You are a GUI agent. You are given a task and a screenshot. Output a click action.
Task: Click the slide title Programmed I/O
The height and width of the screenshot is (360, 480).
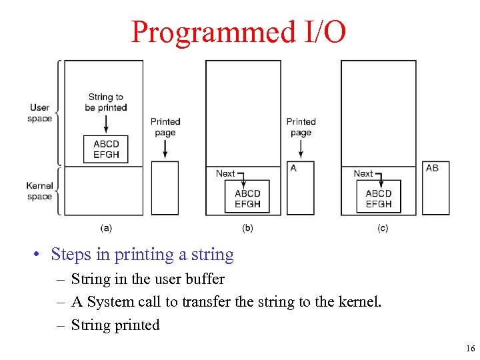tap(239, 31)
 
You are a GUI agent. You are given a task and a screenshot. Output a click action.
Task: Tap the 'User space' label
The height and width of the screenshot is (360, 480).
tap(40, 113)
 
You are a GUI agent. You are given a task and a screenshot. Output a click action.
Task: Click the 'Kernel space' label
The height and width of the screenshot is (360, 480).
tap(40, 191)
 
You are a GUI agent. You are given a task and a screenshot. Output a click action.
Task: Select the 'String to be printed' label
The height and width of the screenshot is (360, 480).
tap(105, 102)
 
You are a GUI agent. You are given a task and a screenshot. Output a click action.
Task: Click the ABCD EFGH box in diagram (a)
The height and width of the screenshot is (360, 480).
tap(106, 149)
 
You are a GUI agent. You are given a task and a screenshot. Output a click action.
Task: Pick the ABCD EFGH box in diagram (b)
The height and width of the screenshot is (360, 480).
tap(247, 199)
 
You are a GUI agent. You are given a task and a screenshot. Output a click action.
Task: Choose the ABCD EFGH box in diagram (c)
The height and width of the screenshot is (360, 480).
tap(379, 199)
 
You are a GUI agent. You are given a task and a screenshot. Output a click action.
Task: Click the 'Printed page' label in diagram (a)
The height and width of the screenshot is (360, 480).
tap(165, 127)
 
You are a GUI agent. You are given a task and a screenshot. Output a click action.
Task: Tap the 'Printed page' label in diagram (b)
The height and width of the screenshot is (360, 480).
tap(301, 127)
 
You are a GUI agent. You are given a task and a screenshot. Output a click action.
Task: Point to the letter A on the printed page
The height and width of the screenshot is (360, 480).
tap(293, 168)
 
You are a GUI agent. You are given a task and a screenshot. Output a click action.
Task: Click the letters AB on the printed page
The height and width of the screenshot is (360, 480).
tap(433, 168)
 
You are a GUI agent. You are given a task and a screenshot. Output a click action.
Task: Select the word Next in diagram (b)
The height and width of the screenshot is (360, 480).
tap(225, 173)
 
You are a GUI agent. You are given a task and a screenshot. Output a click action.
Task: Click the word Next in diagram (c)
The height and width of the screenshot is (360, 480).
tap(363, 173)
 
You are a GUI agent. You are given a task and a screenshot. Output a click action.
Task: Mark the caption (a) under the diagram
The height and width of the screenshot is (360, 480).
tap(106, 228)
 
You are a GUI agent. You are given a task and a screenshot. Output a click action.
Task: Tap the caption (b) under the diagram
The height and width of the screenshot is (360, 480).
tap(247, 228)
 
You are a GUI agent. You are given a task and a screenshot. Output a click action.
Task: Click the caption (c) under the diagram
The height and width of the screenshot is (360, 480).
tap(383, 228)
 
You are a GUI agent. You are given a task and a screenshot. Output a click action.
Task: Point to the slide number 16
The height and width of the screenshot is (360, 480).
tap(471, 349)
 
